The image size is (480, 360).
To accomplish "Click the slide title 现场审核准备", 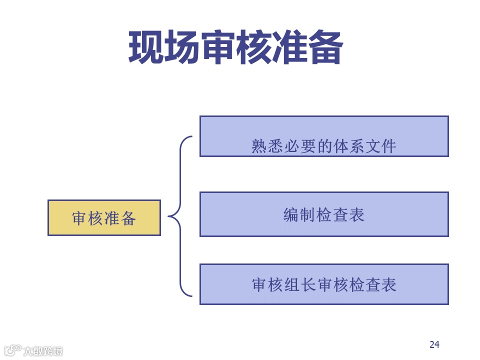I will (235, 47).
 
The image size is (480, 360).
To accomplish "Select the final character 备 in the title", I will (325, 47).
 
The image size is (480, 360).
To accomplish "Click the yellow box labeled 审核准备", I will (104, 217).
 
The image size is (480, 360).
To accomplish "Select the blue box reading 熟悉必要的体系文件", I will (324, 136).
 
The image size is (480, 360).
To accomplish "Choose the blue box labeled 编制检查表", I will (324, 214).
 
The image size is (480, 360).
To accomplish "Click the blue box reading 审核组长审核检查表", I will (324, 284).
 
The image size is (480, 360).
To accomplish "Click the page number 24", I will (434, 344).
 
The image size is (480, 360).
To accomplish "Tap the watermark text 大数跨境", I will (43, 351).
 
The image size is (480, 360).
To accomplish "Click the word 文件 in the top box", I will (380, 146).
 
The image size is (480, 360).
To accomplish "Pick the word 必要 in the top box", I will (292, 146).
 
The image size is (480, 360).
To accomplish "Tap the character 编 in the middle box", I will (291, 215).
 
